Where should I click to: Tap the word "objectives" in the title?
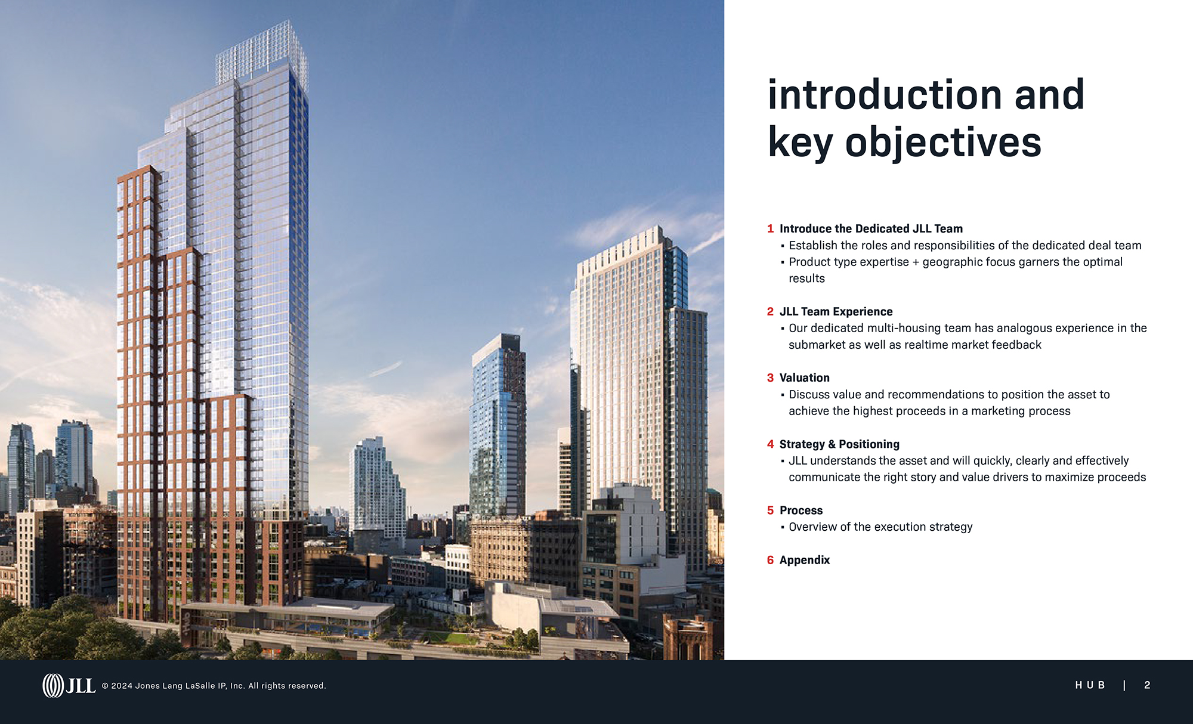[943, 144]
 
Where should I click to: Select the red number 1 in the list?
[770, 229]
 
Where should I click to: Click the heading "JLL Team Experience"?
[836, 311]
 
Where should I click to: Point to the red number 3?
[770, 378]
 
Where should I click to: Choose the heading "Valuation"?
[804, 378]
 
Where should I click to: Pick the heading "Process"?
[801, 510]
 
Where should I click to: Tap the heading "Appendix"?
[804, 561]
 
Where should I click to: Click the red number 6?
[770, 560]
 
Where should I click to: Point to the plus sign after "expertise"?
[916, 262]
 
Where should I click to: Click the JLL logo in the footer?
[69, 686]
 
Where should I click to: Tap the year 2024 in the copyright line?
[122, 686]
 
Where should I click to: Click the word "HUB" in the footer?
[1090, 685]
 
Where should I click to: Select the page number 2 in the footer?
[1147, 685]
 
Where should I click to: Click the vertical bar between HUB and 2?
[1124, 685]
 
